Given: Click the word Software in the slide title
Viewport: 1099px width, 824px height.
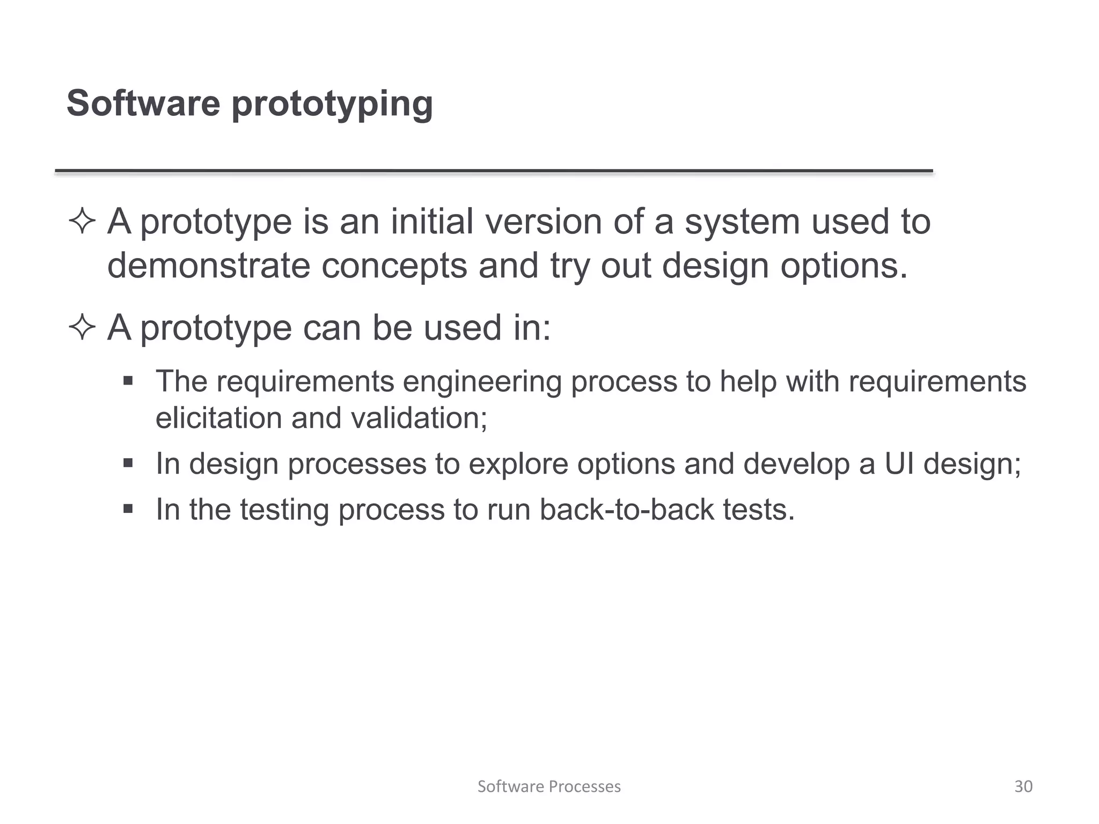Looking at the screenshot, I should coord(143,103).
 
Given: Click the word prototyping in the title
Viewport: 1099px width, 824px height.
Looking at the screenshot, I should coord(332,104).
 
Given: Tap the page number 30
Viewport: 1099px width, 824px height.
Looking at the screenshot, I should coord(1023,786).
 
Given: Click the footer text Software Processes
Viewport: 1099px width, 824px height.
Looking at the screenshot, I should coord(549,786).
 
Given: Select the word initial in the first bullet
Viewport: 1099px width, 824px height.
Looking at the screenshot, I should coord(432,222).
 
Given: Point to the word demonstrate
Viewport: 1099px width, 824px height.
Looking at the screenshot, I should coord(209,266).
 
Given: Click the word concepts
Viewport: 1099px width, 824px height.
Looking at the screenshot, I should coord(394,267).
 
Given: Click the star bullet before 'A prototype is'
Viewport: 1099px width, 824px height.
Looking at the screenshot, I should coord(82,222).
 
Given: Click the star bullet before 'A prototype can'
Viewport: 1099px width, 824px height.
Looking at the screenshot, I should coord(82,327).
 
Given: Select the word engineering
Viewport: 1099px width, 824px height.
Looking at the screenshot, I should coord(481,382).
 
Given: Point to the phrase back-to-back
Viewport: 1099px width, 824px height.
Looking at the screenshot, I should coord(627,510).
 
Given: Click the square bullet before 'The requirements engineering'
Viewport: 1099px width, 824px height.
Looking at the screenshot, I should coord(128,381).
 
